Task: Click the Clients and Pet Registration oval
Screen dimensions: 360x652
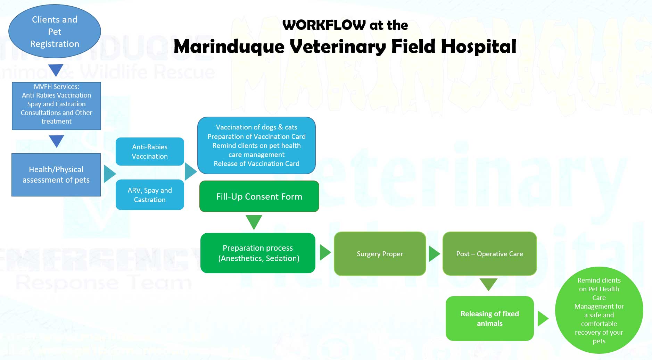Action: [x=55, y=32]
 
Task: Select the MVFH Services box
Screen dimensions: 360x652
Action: [x=56, y=106]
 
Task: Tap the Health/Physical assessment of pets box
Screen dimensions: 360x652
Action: [x=56, y=175]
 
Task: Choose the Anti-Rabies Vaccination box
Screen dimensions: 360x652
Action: [x=150, y=152]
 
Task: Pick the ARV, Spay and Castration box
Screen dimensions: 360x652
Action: [x=150, y=195]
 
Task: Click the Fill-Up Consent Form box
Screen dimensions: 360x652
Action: [x=259, y=196]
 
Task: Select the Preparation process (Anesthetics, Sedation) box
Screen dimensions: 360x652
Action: [x=258, y=253]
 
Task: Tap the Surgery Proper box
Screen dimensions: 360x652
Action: [x=380, y=254]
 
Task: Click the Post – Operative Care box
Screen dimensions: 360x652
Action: [x=489, y=254]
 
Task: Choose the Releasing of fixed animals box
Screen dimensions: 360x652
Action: [x=489, y=318]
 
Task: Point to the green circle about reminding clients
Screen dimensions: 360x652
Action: [x=599, y=310]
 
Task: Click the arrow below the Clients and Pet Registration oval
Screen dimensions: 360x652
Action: [x=56, y=69]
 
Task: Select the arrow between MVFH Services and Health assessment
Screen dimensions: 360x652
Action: [x=56, y=141]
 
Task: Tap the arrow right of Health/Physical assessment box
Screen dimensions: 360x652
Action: [x=109, y=174]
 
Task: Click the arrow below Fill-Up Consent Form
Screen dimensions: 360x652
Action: [x=254, y=221]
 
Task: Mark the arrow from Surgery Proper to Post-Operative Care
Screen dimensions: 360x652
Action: [x=434, y=254]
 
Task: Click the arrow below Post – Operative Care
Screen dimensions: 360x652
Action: [x=488, y=284]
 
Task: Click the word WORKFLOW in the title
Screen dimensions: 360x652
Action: [x=324, y=25]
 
